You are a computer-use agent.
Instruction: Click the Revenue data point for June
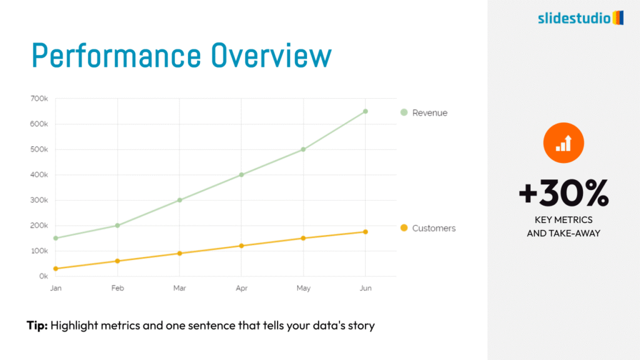(x=365, y=111)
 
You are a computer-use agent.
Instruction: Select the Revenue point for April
(x=241, y=175)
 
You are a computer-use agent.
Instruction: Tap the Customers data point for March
(x=179, y=254)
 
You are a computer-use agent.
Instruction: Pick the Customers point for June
(x=365, y=232)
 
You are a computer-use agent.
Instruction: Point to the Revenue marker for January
(x=56, y=238)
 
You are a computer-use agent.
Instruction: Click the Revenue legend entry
(x=424, y=112)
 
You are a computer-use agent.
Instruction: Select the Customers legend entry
(x=428, y=228)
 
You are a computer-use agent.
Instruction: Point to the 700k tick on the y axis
(x=39, y=99)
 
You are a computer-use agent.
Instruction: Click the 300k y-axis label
(x=39, y=200)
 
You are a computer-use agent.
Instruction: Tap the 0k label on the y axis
(x=44, y=276)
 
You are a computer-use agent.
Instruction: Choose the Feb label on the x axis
(x=117, y=288)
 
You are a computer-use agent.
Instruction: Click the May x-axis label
(x=303, y=288)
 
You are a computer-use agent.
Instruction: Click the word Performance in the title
(x=116, y=56)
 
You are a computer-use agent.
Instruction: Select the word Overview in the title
(x=271, y=56)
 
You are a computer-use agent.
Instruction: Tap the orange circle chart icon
(x=564, y=143)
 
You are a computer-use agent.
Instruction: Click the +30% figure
(x=564, y=192)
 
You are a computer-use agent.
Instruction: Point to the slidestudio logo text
(x=574, y=18)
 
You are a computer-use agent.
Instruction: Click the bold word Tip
(x=37, y=325)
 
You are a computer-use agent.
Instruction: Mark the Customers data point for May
(x=303, y=238)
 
